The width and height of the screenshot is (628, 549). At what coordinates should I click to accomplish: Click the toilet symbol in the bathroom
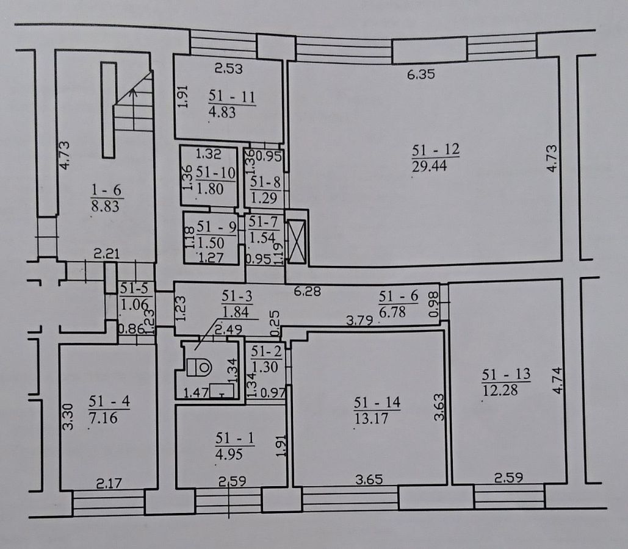[x=199, y=367]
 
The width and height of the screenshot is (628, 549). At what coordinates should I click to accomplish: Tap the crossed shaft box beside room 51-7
[x=297, y=242]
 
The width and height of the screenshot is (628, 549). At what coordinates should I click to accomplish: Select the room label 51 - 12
[x=436, y=150]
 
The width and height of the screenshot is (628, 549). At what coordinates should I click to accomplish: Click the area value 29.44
[x=430, y=166]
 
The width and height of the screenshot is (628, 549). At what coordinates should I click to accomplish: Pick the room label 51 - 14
[x=377, y=403]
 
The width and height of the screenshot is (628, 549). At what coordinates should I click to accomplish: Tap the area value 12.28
[x=500, y=390]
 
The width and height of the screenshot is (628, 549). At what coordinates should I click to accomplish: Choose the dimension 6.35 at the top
[x=421, y=74]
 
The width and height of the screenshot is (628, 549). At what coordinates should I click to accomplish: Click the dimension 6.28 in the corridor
[x=307, y=291]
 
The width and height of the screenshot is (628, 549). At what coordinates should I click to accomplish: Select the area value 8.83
[x=106, y=206]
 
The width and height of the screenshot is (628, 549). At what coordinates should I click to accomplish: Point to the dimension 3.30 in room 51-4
[x=68, y=417]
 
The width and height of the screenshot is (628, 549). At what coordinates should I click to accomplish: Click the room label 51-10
[x=215, y=173]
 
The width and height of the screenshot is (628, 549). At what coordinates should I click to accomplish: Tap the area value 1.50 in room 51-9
[x=211, y=243]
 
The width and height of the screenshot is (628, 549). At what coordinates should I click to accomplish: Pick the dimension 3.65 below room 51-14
[x=369, y=479]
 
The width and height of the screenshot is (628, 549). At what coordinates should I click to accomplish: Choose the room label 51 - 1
[x=235, y=438]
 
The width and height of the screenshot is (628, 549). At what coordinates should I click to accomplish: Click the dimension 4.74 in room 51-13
[x=558, y=381]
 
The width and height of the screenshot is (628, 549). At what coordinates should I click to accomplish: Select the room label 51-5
[x=134, y=288]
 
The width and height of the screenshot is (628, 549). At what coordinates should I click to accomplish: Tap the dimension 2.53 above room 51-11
[x=229, y=68]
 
